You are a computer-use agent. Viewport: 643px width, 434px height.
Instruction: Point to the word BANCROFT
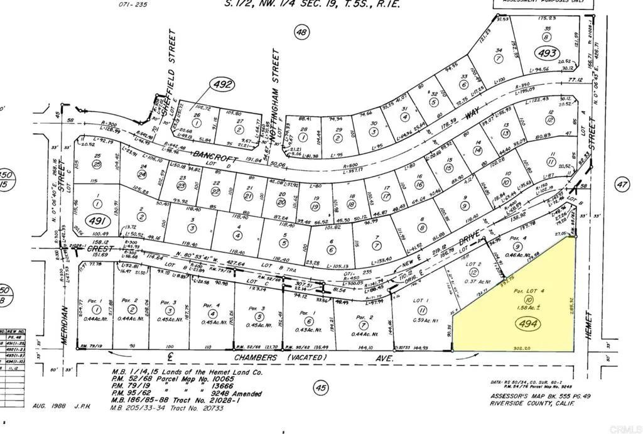(x=174, y=155)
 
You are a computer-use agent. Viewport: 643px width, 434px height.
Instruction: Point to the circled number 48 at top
(x=303, y=32)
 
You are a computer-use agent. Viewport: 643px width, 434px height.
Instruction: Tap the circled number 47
(x=622, y=185)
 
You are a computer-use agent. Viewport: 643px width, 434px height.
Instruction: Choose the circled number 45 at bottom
(x=321, y=389)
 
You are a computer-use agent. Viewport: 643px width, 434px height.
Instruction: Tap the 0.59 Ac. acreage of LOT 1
(x=422, y=320)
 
